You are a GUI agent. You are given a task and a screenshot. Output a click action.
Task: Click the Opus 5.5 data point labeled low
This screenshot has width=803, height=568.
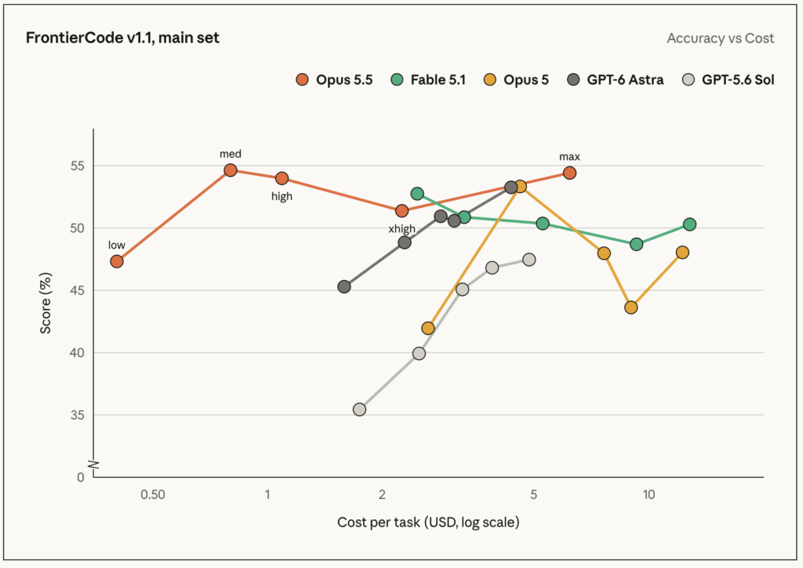coord(117,261)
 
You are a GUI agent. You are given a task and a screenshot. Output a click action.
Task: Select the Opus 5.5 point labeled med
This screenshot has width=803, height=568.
coord(231,170)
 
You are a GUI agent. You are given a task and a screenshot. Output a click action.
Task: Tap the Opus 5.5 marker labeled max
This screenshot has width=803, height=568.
coord(569,173)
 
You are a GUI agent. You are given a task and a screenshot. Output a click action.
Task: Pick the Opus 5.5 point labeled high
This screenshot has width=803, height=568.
coord(282,178)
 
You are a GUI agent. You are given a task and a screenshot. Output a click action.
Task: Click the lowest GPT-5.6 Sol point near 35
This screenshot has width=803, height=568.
coord(359,410)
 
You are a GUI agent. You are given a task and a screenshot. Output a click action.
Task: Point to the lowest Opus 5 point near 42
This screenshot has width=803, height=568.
coord(427,328)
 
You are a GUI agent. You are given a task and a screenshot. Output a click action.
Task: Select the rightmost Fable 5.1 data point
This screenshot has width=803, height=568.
coord(689,224)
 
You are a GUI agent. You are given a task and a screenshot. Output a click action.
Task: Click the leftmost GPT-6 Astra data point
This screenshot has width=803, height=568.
coord(344,287)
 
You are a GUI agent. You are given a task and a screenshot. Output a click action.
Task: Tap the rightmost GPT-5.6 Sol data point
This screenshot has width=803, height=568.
coord(529,260)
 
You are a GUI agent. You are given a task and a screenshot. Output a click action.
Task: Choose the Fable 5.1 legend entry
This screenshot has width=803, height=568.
coord(428,80)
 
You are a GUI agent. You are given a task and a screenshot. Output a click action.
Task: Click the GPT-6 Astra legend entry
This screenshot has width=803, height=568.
coord(616,80)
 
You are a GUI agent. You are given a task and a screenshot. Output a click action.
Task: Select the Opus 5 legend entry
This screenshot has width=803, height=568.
coord(516,80)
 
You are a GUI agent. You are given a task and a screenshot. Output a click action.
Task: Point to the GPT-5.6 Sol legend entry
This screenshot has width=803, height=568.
coord(729,80)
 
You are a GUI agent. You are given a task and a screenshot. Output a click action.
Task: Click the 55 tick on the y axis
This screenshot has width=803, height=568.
coord(78,166)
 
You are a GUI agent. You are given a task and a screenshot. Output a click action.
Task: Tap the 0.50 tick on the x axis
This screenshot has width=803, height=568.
coord(153,494)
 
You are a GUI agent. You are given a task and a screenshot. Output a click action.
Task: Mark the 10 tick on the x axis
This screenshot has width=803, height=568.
coord(649,494)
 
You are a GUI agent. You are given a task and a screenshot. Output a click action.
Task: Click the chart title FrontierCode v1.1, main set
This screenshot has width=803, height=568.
coord(122,38)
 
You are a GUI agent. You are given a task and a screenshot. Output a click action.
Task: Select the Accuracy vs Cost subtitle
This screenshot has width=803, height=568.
coord(721,38)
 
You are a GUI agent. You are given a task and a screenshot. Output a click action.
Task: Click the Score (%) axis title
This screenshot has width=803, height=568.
coord(45,303)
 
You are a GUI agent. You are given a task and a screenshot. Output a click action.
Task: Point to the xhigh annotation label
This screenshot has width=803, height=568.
coord(402,229)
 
